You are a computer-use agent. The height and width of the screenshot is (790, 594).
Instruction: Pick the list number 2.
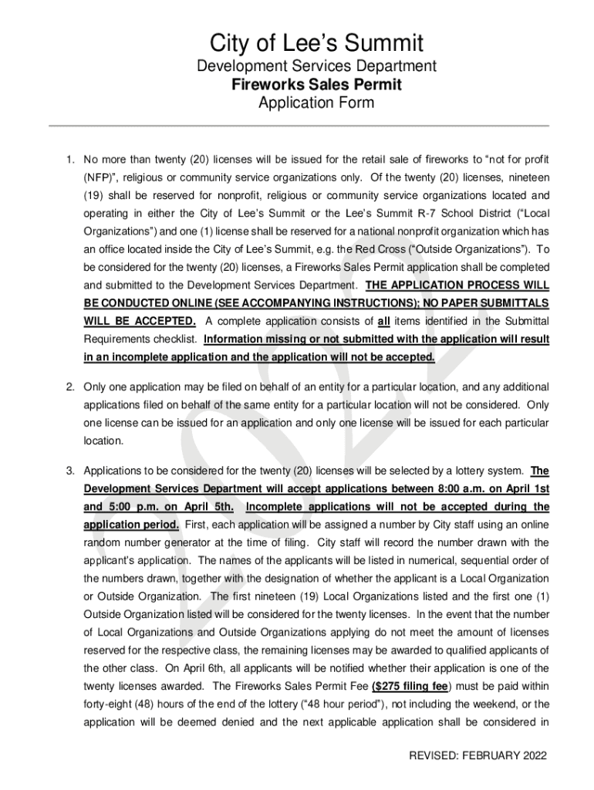(69, 387)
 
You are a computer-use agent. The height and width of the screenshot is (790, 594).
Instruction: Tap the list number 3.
(69, 471)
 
